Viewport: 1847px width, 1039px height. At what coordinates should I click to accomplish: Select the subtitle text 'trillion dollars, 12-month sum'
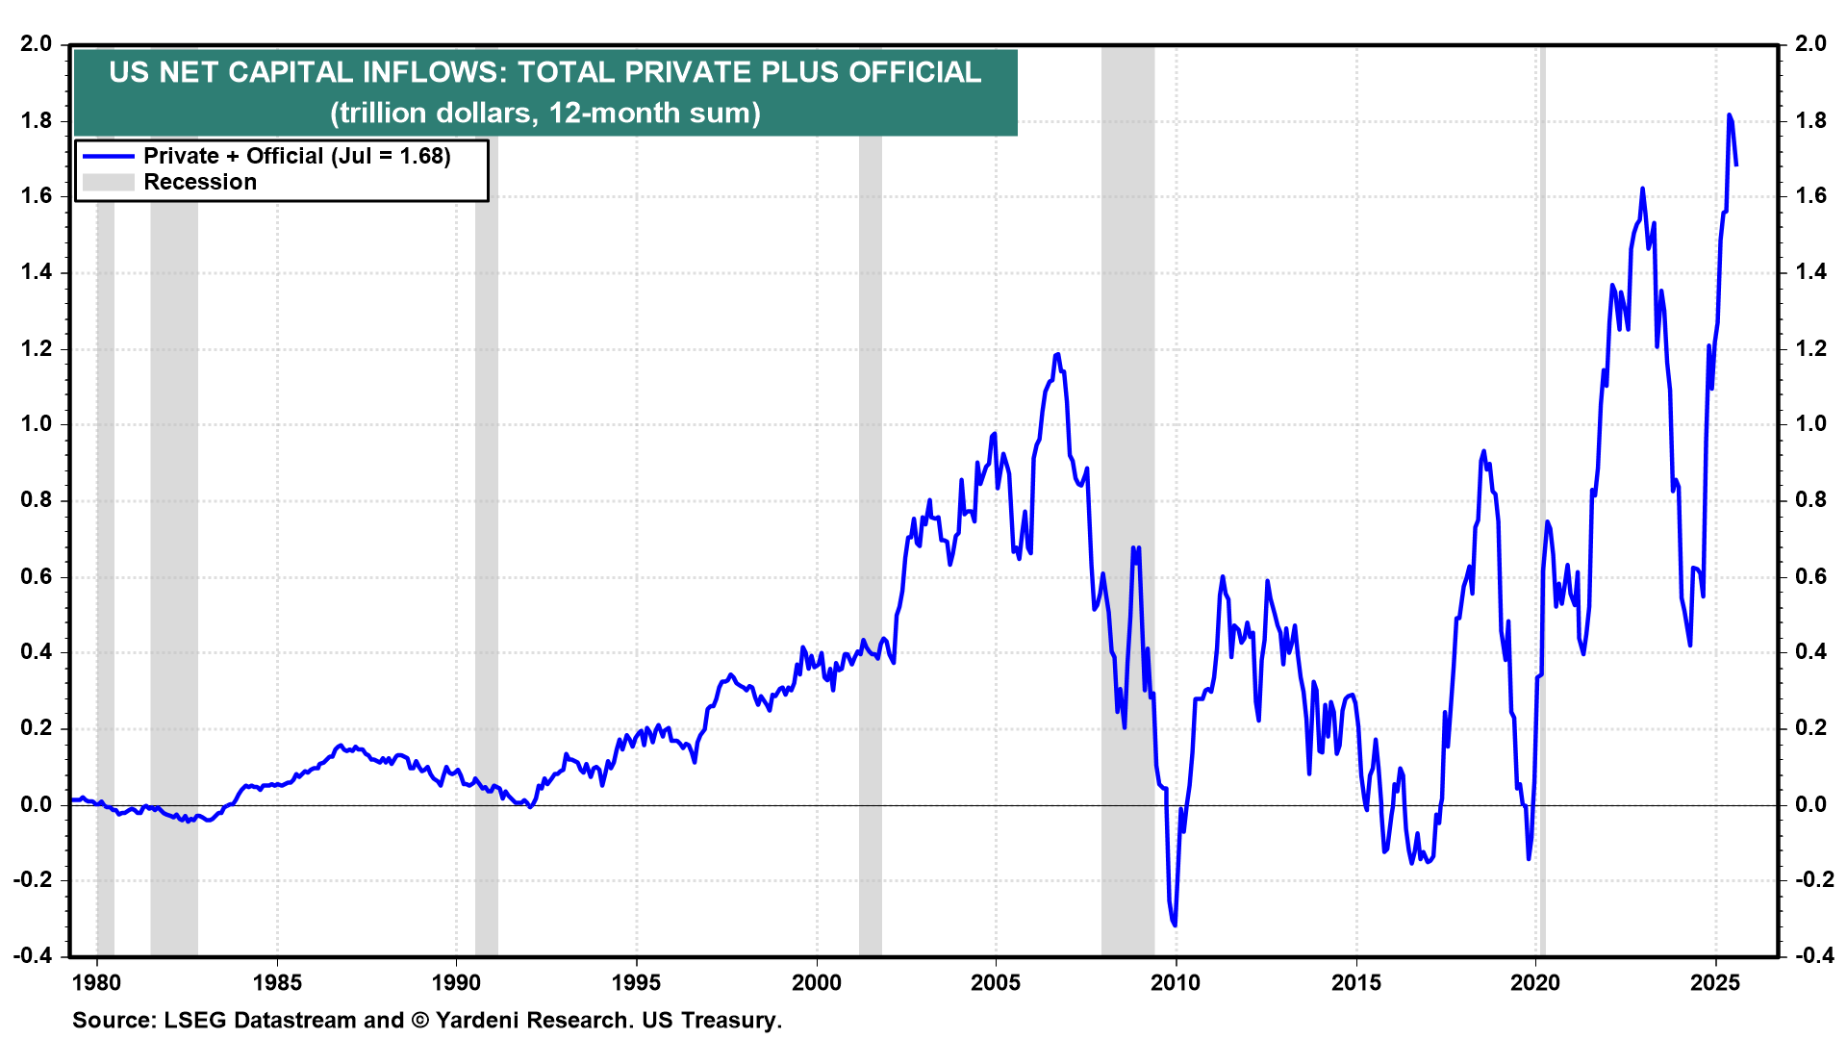545,114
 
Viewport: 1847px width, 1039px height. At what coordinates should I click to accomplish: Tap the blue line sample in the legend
109,156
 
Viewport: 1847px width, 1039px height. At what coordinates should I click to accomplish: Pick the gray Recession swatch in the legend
109,182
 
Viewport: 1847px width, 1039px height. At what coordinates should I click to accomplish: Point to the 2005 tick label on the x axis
996,982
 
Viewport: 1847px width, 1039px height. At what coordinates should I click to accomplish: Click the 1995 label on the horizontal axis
636,982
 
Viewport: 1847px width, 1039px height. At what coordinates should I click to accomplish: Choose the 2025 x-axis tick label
1715,982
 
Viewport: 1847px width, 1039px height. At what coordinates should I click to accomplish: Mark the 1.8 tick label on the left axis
37,121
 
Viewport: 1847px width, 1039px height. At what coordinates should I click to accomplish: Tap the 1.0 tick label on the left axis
37,424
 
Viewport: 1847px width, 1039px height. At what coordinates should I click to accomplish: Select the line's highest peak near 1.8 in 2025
1729,115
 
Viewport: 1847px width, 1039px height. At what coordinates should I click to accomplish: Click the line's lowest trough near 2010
1175,925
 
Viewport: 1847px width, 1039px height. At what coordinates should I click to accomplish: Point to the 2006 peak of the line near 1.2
1057,354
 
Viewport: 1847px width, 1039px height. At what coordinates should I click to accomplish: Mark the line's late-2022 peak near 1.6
1642,189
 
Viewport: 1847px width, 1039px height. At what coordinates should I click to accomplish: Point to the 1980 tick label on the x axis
97,982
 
